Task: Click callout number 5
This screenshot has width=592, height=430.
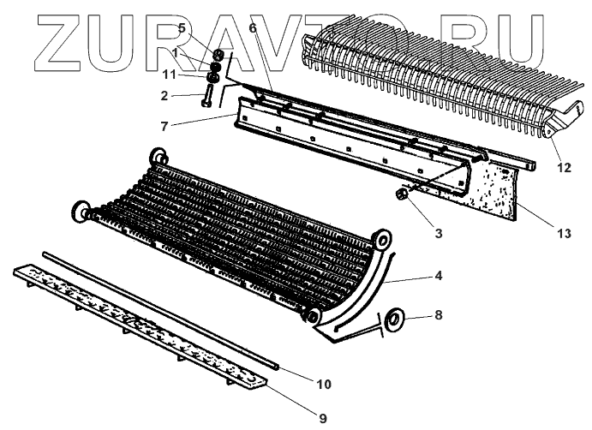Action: coord(181,28)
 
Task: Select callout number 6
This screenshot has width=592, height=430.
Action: coord(252,28)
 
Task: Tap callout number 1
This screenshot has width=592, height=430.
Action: coord(175,52)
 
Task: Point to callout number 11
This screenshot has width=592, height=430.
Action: coord(171,75)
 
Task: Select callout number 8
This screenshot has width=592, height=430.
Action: coord(438,315)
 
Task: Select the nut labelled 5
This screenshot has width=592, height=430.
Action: coord(218,55)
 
